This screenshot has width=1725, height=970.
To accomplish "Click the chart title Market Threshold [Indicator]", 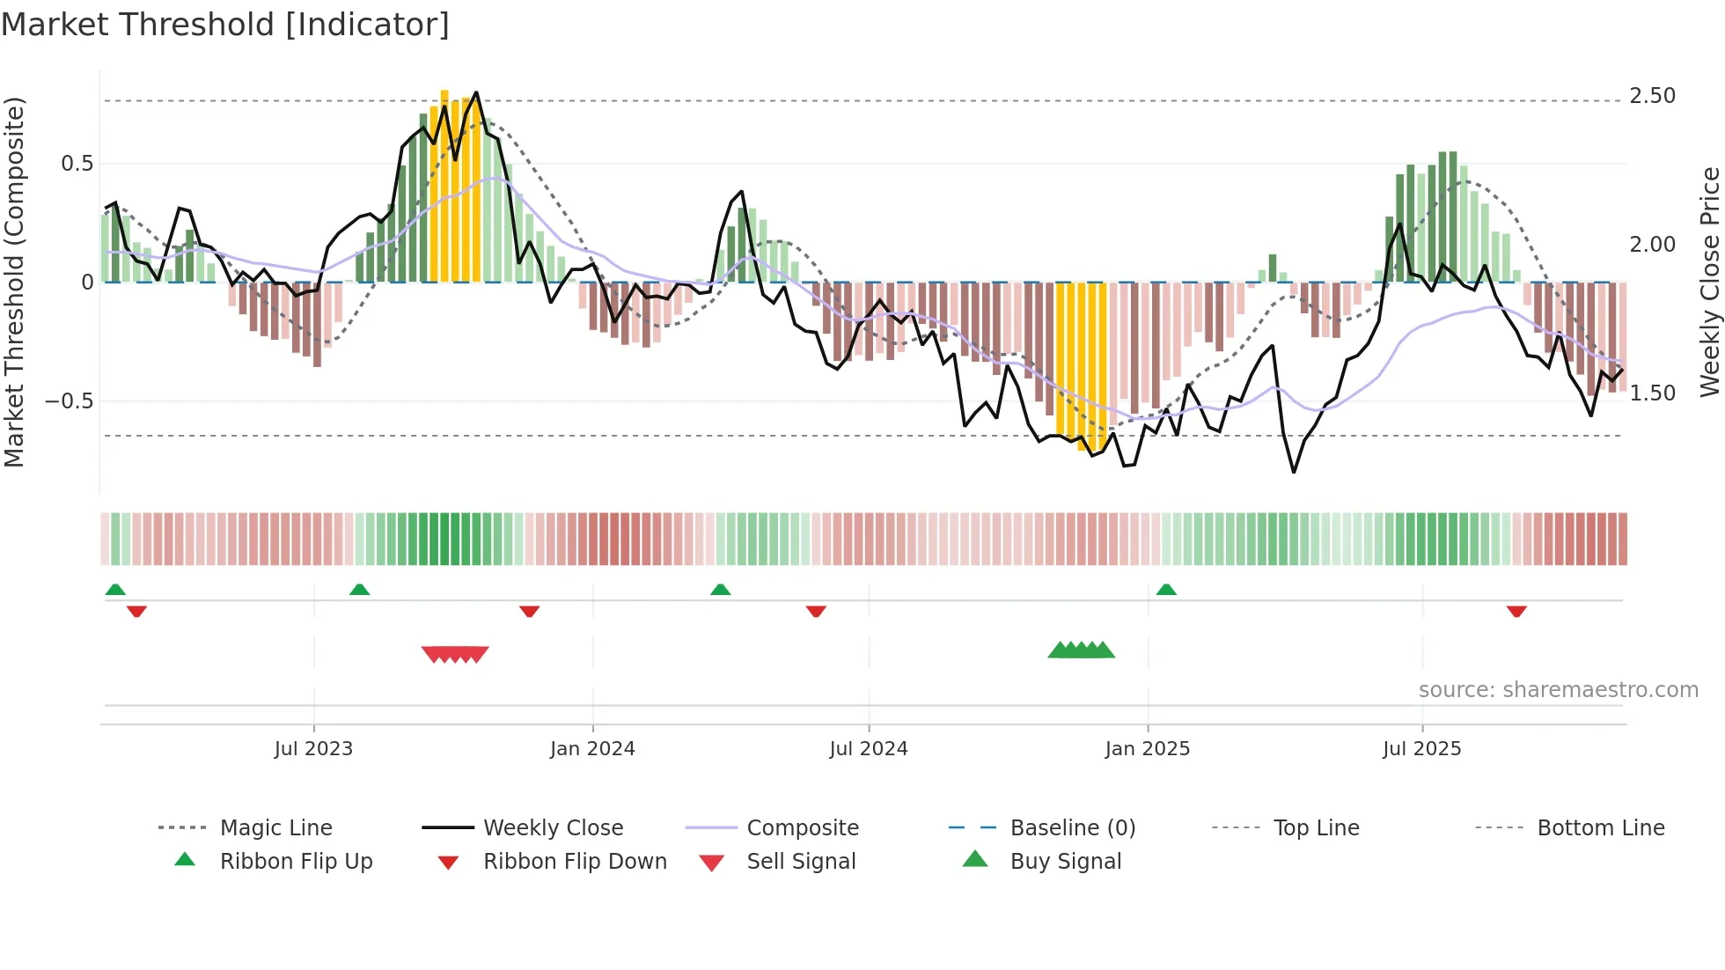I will (225, 25).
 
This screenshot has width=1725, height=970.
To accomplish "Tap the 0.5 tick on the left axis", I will (77, 164).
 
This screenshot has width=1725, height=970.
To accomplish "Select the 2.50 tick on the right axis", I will (1652, 96).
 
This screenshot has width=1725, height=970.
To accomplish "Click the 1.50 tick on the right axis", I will (1652, 393).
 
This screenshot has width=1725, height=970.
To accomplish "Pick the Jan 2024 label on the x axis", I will (592, 749).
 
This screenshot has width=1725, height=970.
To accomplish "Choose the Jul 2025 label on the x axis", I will (1421, 749).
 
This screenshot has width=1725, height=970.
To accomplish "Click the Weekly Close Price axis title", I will (1709, 282).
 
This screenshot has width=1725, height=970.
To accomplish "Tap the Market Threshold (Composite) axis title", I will (14, 282).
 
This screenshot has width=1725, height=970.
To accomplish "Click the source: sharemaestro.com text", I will (1558, 690).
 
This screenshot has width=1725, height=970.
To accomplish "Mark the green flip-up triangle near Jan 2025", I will (1166, 590).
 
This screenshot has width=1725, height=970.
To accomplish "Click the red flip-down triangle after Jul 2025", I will (1516, 611).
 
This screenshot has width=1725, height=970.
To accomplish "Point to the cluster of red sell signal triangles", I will (455, 654).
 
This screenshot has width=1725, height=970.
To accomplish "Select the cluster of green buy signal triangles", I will (1081, 650).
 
